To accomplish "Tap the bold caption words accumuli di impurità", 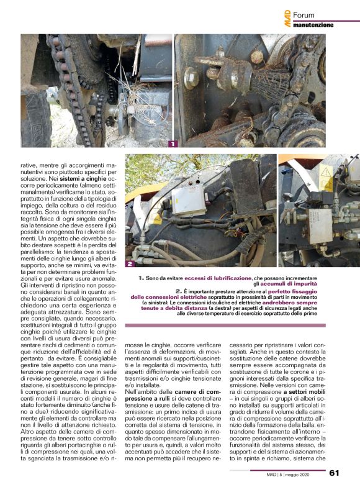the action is tap(307, 285).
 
